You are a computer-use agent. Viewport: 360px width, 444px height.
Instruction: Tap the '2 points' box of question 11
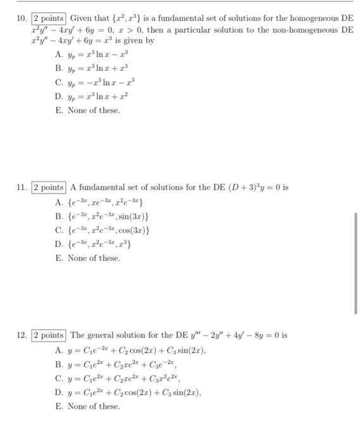(x=48, y=188)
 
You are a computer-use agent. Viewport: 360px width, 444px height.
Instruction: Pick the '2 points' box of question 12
(x=48, y=335)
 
